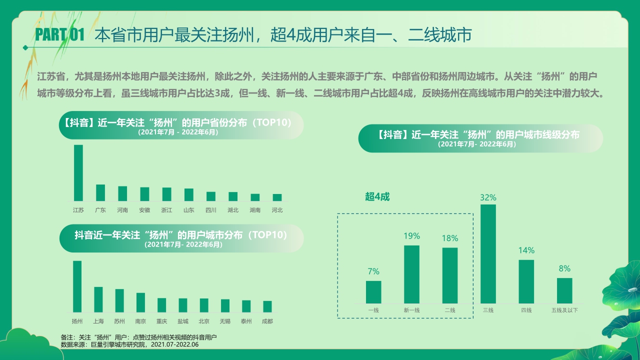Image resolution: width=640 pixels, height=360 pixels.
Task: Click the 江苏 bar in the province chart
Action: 78,173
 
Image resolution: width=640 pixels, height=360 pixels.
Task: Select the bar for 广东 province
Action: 100,192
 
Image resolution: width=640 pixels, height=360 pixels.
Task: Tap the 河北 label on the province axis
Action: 277,210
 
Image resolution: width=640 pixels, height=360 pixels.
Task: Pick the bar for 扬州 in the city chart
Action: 77,286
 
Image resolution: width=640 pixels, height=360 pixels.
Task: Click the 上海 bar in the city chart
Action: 98,299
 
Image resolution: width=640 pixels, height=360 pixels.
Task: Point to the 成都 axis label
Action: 267,321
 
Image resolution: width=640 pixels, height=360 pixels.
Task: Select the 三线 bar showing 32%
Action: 488,253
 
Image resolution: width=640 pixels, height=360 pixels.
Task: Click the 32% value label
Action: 488,197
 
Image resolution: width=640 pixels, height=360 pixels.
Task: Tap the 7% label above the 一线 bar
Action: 373,271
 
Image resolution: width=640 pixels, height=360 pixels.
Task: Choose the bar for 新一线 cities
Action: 411,274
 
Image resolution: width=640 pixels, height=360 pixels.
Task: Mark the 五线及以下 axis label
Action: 564,310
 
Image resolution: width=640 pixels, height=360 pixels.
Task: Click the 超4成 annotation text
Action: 377,196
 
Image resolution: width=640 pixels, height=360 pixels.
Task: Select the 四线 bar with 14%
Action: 526,281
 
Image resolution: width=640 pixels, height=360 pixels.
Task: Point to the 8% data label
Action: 564,268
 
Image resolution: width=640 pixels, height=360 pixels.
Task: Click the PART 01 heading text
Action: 59,34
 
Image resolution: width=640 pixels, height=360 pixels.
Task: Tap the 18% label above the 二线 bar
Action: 449,238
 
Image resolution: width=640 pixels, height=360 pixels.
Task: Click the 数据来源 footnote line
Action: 129,344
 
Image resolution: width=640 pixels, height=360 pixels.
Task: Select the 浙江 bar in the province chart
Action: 166,194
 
